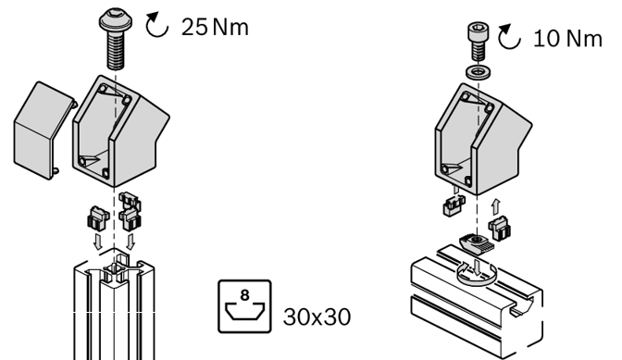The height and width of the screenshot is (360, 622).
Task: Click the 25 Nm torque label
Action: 215,27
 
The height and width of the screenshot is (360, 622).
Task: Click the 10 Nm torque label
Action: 567,39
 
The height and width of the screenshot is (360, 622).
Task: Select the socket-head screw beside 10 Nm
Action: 479,42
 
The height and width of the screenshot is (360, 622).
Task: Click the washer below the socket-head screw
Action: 478,72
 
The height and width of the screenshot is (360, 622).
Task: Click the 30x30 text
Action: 317,317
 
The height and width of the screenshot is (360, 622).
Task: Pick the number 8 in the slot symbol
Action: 244,295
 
